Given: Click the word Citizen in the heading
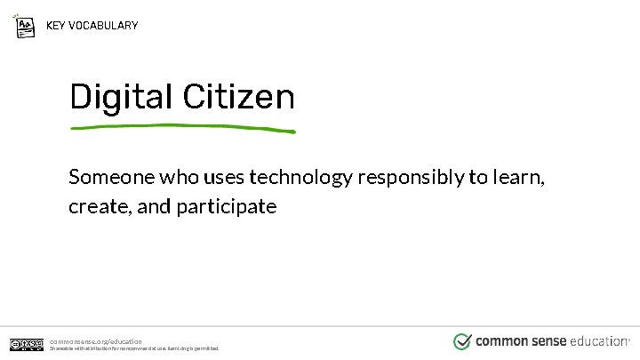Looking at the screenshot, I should [237, 97].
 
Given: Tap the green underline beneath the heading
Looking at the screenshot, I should [182, 128].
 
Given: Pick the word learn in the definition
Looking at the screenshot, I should [519, 177].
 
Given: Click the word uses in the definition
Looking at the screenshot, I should [226, 177].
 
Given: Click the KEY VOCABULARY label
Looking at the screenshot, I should [92, 25].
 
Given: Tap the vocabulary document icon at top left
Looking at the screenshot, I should [26, 25].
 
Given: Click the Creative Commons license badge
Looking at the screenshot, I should [26, 344].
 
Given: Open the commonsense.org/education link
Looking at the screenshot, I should [95, 340].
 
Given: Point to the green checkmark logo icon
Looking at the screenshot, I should [462, 341].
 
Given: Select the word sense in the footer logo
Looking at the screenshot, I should [552, 341].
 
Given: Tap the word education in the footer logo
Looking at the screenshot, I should [599, 341].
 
